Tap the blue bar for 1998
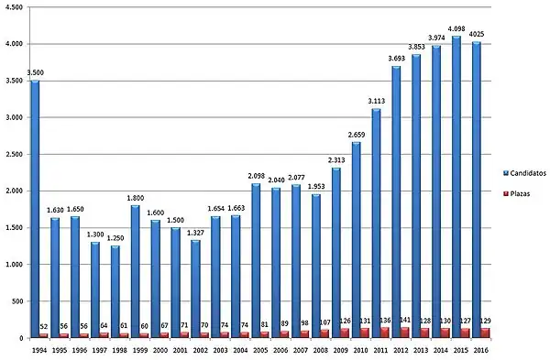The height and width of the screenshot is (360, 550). [115, 289]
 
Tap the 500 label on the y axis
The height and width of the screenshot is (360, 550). [19, 301]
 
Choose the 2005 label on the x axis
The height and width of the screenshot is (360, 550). [256, 349]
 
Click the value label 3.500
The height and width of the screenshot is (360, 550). [35, 72]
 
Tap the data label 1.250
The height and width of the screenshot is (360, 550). [115, 237]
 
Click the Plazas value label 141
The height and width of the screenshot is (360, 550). [406, 320]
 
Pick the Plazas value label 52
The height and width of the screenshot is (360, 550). [44, 327]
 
